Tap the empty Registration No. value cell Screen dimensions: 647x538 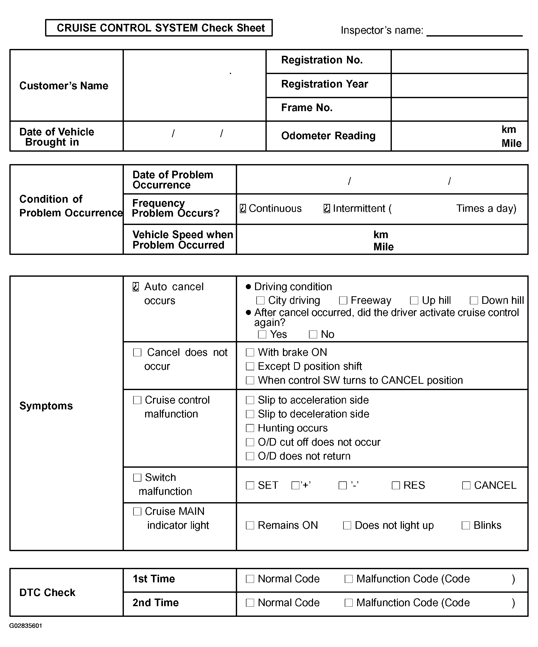459,61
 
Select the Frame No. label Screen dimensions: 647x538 306,108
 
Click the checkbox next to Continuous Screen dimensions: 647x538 243,208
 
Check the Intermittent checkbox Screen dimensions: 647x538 327,208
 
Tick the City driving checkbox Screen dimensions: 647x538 260,300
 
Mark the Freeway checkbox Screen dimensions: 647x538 343,300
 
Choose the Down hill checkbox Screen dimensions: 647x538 474,300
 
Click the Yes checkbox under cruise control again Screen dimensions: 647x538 262,334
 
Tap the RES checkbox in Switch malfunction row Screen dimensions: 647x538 395,485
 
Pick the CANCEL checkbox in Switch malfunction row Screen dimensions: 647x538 466,485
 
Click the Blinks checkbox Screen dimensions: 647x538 466,525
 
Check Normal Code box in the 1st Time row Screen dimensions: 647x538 250,579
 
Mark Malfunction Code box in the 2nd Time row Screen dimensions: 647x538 348,603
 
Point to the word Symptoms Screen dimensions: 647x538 46,406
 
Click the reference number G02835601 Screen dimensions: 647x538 26,626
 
